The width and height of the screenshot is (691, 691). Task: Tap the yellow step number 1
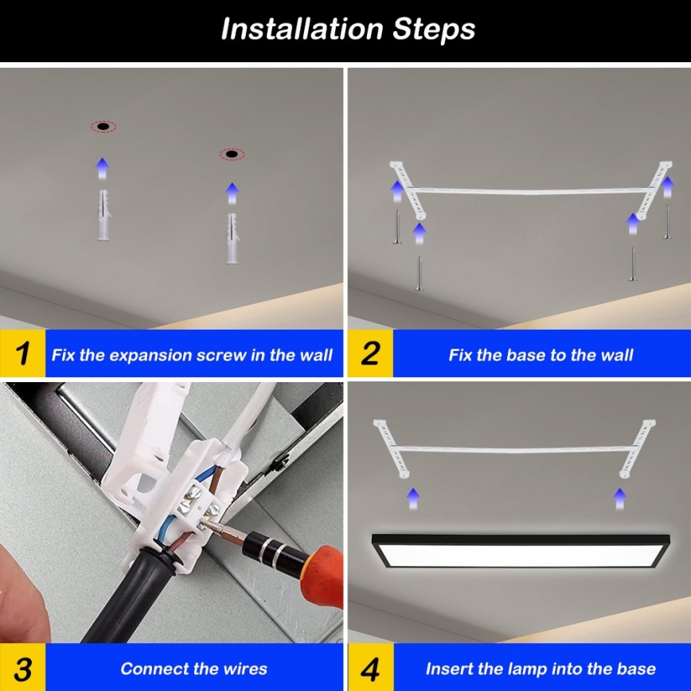click(x=23, y=353)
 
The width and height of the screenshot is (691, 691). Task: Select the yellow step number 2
click(x=370, y=353)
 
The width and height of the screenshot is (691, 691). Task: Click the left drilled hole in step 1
click(x=103, y=127)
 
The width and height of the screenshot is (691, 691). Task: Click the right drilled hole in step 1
click(x=232, y=154)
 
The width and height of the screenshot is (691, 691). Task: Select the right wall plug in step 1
click(x=232, y=237)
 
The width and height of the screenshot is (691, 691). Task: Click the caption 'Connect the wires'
click(x=193, y=669)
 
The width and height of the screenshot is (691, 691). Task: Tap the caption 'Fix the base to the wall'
click(x=541, y=355)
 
